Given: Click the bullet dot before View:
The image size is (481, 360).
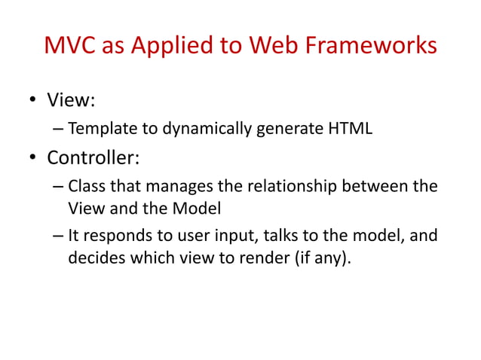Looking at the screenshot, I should [x=33, y=100].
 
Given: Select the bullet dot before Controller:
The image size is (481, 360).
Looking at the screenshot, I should [x=33, y=158].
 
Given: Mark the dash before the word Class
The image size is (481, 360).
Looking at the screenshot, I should [x=58, y=186].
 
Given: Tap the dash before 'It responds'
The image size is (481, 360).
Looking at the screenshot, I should [x=58, y=237].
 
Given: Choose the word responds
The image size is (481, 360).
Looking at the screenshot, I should [x=115, y=237].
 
